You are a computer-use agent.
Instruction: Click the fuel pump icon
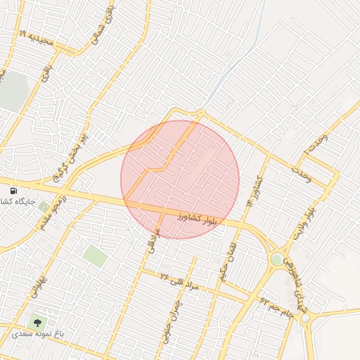click(14, 191)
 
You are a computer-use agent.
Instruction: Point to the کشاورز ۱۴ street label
click(253, 190)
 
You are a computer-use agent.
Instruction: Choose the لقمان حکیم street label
click(229, 263)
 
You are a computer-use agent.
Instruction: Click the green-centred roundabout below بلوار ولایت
click(277, 259)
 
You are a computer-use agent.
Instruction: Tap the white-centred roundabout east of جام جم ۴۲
click(306, 318)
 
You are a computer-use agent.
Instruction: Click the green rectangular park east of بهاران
click(95, 255)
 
